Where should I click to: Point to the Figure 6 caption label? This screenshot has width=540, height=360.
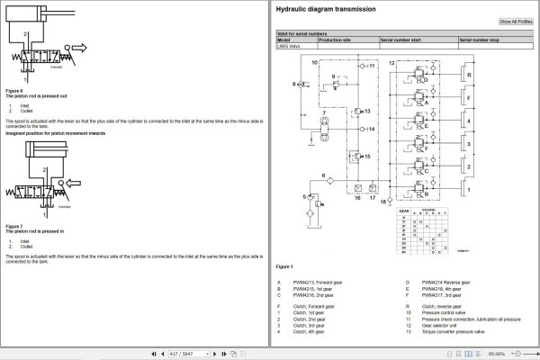click(14, 90)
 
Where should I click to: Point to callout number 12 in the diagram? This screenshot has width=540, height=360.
click(391, 64)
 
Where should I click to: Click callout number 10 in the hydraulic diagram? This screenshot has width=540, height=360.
click(313, 64)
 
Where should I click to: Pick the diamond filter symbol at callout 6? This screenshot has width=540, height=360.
click(330, 181)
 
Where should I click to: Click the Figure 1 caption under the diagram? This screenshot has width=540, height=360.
click(284, 267)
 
